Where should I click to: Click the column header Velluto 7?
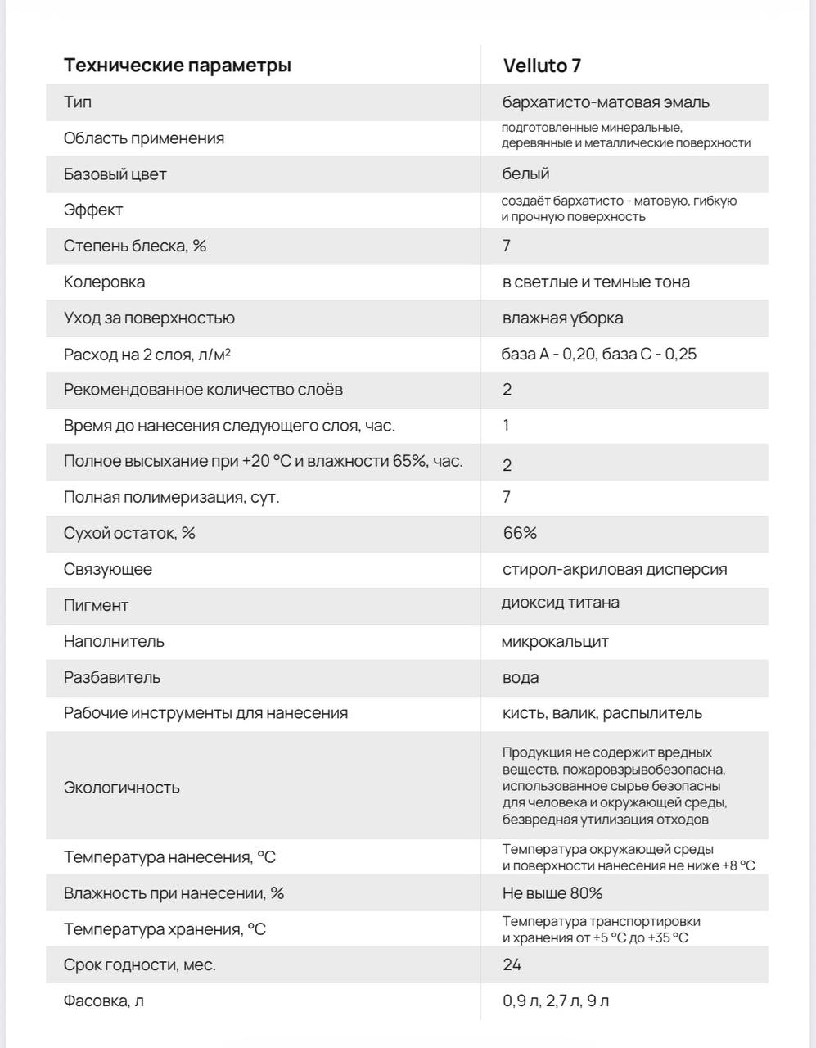(542, 65)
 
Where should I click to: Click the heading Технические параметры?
(177, 65)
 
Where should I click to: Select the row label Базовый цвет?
(115, 174)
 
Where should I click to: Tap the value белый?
(525, 174)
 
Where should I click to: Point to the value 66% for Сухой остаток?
(520, 533)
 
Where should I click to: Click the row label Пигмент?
(96, 605)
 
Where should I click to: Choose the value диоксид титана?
(561, 603)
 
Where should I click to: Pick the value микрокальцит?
(555, 641)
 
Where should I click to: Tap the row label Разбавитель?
(112, 677)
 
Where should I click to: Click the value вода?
(521, 677)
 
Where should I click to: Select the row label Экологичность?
(121, 788)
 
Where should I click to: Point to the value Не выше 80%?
(552, 893)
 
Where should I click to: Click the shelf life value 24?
(512, 964)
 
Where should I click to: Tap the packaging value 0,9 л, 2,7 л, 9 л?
(556, 1001)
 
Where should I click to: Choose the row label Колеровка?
(104, 282)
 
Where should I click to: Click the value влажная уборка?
(562, 318)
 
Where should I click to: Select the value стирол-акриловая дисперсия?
(615, 569)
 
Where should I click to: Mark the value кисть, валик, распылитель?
(602, 713)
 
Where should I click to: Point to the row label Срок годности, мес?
(140, 964)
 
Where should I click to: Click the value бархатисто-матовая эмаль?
(606, 102)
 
